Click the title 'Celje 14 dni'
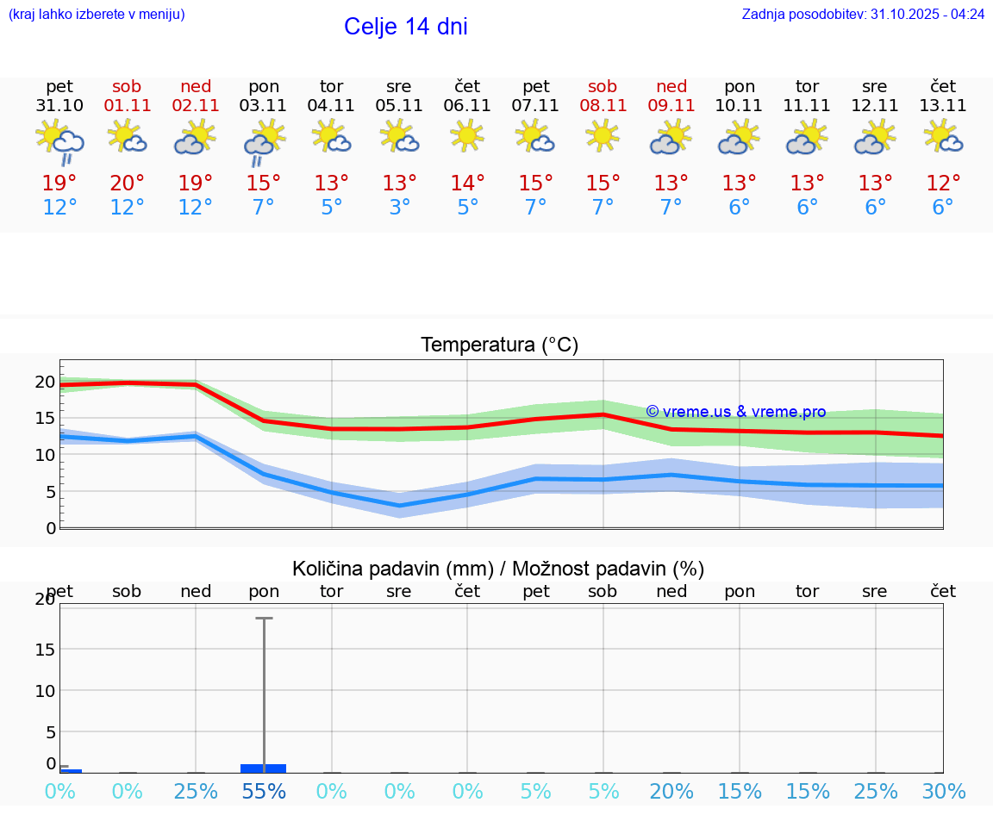click(405, 27)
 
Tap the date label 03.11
click(263, 106)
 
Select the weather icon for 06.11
click(467, 136)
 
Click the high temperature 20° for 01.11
click(127, 184)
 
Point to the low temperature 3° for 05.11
click(399, 208)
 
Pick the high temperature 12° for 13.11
click(943, 184)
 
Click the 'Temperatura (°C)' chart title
click(499, 345)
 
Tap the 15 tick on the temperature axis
click(46, 418)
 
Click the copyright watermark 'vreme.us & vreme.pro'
click(736, 412)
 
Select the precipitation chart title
click(498, 569)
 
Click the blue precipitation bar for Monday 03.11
click(263, 768)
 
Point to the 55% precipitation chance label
click(264, 792)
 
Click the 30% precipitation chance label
click(943, 792)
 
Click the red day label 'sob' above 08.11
click(603, 86)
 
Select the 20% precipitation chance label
click(671, 792)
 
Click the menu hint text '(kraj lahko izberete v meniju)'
click(97, 15)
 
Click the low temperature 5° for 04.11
click(331, 208)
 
